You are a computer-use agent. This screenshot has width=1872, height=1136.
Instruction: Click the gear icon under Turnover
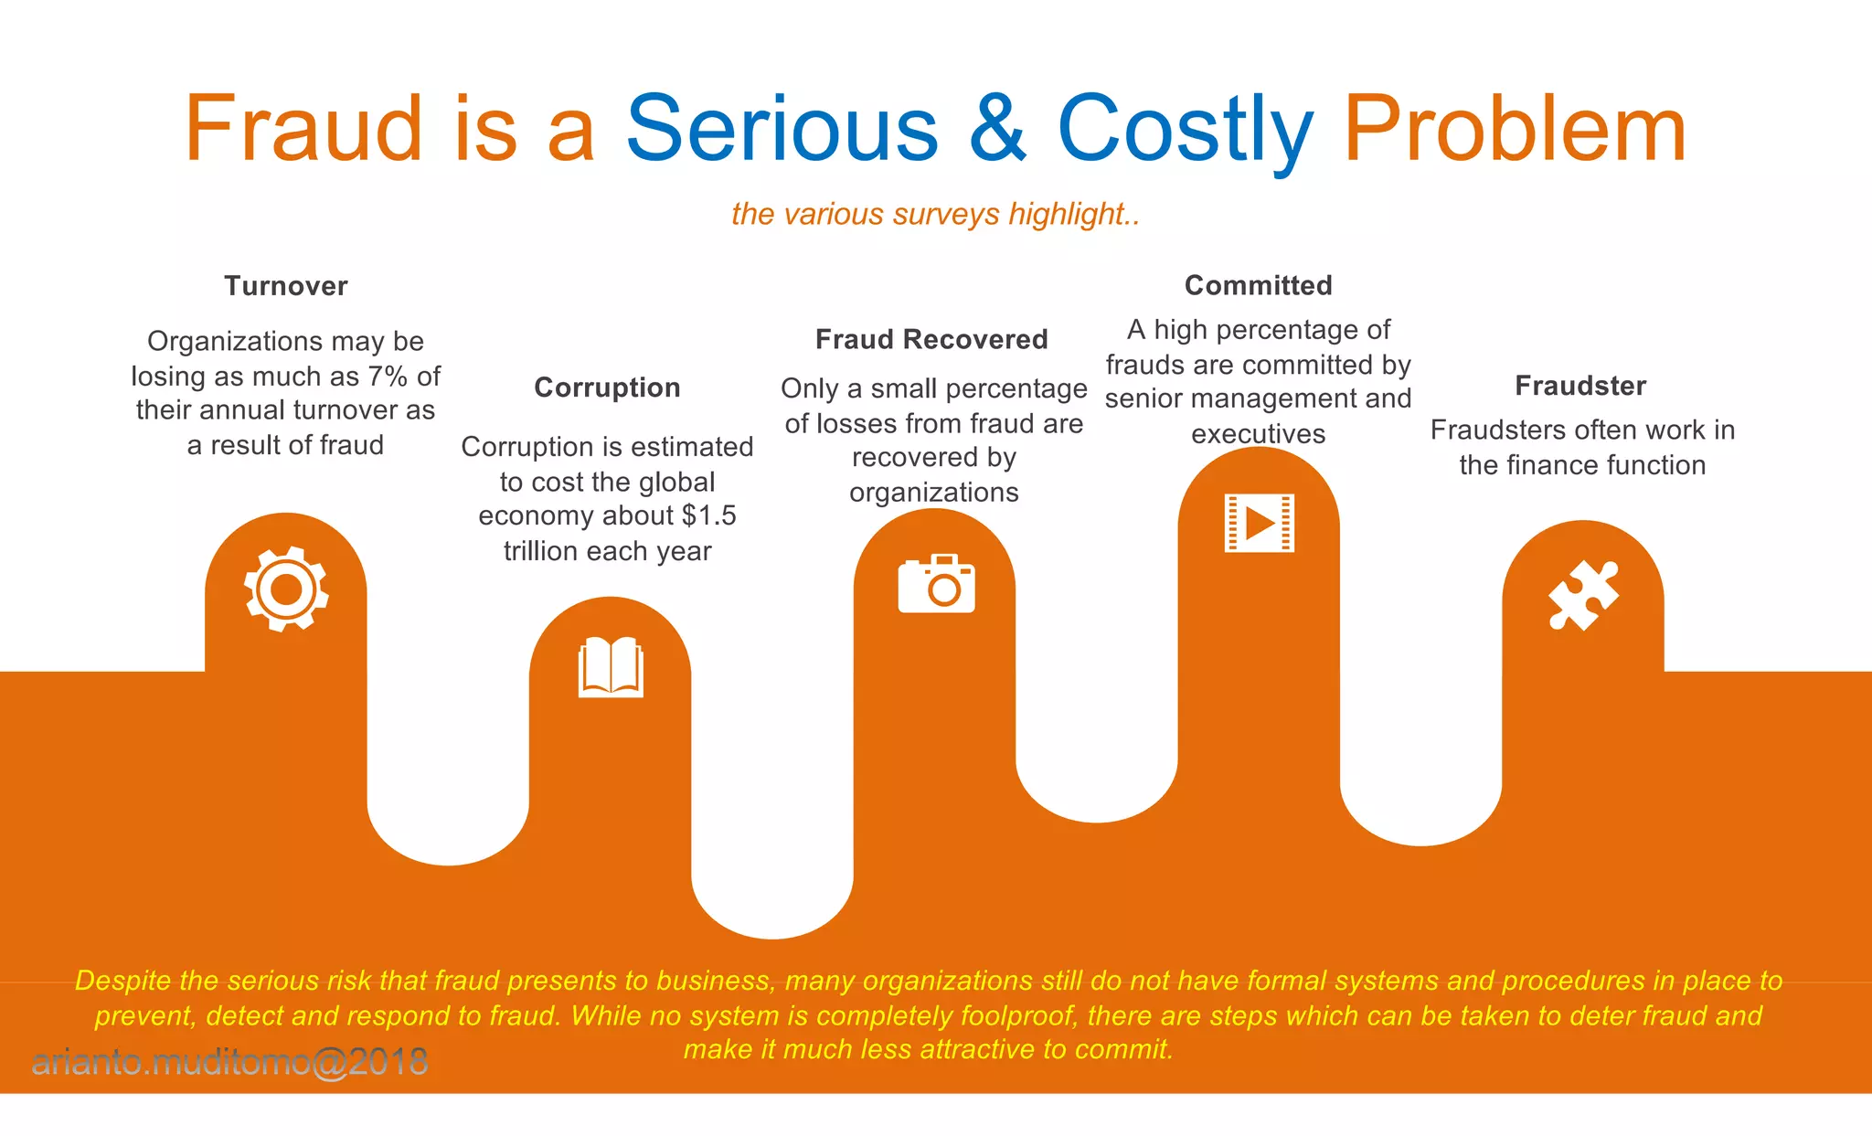[286, 589]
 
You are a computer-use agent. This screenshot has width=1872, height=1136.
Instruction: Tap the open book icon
[611, 667]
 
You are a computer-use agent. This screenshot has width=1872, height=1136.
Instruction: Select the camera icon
[936, 583]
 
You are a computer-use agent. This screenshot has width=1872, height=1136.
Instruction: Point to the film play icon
[1259, 523]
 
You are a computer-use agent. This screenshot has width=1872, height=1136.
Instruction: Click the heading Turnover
[286, 286]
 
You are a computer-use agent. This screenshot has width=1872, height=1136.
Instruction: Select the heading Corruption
[607, 388]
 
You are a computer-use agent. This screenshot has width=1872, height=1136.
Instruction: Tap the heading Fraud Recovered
[931, 339]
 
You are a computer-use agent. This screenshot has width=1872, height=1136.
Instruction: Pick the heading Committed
[1258, 285]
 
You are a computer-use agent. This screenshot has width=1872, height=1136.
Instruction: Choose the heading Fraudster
[1580, 386]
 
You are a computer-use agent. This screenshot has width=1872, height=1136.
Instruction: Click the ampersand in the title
[997, 129]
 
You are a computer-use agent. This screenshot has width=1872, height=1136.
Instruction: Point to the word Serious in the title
[782, 129]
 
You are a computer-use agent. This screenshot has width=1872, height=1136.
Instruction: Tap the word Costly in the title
[1185, 129]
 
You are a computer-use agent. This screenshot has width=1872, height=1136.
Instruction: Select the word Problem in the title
[1514, 129]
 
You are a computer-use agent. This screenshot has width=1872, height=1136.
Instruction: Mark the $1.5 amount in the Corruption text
[709, 515]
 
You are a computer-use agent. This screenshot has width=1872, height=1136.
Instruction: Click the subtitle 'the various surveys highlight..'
[935, 214]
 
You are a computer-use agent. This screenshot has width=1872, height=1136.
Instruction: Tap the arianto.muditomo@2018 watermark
[229, 1062]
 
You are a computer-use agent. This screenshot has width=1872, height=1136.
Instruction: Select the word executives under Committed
[1258, 433]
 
